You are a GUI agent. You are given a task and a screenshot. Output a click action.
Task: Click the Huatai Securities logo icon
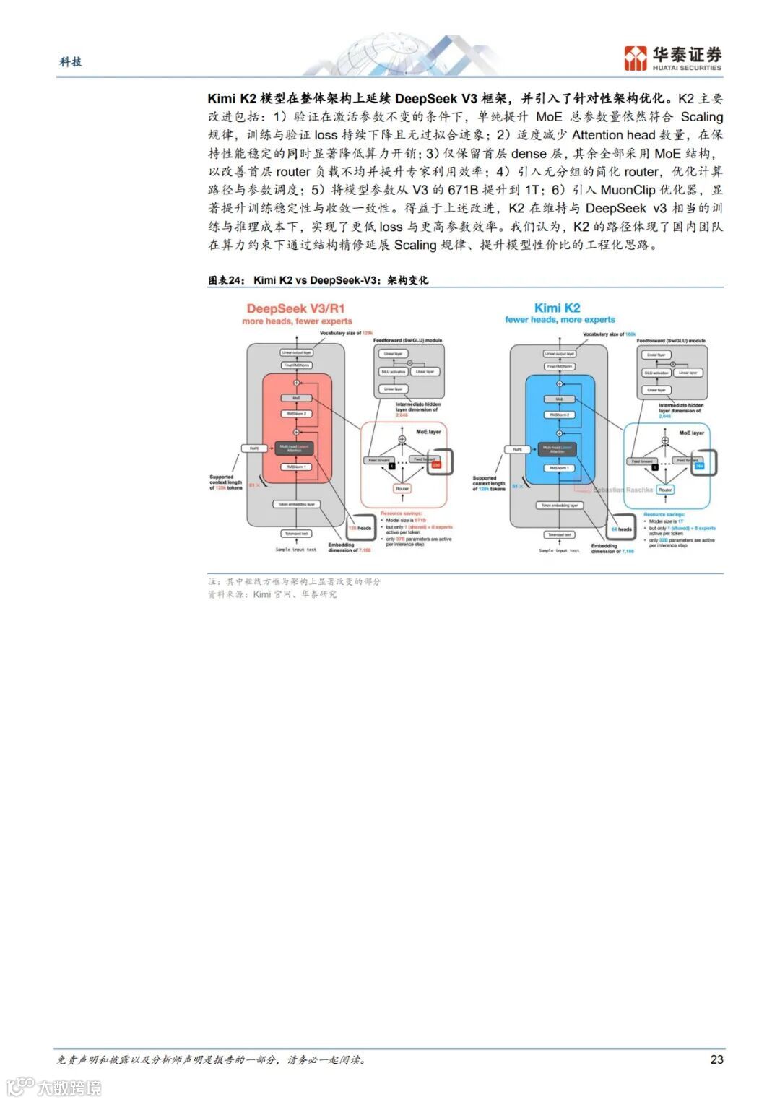pos(636,58)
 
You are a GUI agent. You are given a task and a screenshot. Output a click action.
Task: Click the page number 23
pos(716,1059)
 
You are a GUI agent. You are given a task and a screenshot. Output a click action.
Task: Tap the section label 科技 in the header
pos(71,62)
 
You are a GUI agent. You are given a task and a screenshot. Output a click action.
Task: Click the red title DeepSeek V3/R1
pos(296,308)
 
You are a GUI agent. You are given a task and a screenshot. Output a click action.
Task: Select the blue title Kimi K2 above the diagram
pos(557,308)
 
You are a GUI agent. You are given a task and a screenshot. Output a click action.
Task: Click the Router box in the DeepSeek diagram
pos(402,489)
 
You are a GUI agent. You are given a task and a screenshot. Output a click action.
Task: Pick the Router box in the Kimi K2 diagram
pos(665,490)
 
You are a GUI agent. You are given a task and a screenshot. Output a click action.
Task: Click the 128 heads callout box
pos(360,528)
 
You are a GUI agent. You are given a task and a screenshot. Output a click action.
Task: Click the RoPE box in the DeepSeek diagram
pos(254,448)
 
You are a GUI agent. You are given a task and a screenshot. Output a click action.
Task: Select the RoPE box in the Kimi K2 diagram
pos(517,449)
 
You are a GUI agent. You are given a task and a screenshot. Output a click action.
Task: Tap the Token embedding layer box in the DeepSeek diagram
pos(296,504)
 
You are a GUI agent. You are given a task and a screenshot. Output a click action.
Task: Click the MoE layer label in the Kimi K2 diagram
pos(691,433)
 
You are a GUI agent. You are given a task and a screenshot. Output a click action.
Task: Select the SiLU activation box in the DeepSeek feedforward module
pos(393,372)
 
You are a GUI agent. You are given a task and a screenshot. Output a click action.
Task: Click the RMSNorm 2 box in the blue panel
pos(558,415)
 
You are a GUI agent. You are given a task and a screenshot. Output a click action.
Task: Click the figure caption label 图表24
pos(227,280)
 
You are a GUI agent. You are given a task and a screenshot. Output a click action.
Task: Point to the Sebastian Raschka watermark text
pos(623,490)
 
